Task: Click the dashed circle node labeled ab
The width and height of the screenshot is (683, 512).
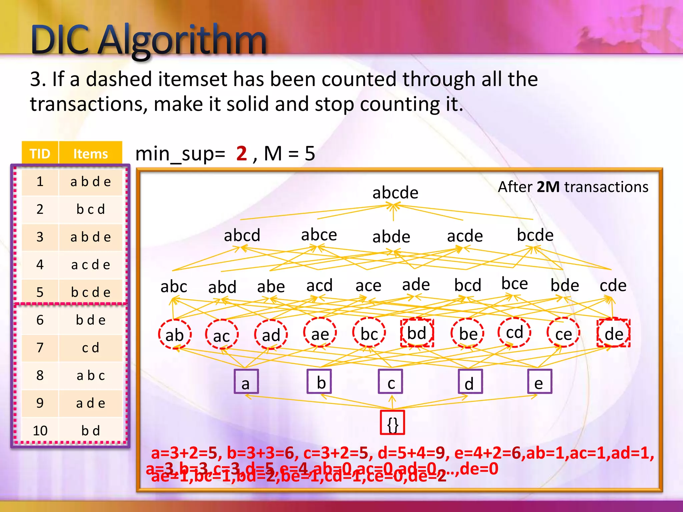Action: [175, 334]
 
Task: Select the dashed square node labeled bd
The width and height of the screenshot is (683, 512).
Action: [417, 333]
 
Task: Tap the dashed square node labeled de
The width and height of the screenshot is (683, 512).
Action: [614, 333]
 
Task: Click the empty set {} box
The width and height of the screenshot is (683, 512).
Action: [393, 423]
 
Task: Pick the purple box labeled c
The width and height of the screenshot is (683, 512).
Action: [391, 382]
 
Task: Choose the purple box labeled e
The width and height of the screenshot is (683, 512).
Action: [539, 382]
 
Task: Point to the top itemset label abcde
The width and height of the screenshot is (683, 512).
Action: [395, 193]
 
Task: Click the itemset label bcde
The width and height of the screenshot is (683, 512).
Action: [535, 235]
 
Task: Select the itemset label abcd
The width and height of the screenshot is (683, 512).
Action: [242, 235]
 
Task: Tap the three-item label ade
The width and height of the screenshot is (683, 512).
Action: [416, 285]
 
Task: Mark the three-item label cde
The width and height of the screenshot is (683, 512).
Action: [613, 285]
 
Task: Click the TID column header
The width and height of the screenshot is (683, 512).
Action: [40, 154]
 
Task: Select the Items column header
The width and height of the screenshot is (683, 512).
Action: [90, 154]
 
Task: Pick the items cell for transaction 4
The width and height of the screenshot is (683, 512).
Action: [90, 265]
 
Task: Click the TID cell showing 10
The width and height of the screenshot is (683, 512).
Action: [40, 431]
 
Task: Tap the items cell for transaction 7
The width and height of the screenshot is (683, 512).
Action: [90, 348]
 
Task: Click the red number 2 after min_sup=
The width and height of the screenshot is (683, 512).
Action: [241, 154]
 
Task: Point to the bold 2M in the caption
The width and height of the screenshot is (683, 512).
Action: [548, 187]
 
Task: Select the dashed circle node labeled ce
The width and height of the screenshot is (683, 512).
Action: [563, 334]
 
